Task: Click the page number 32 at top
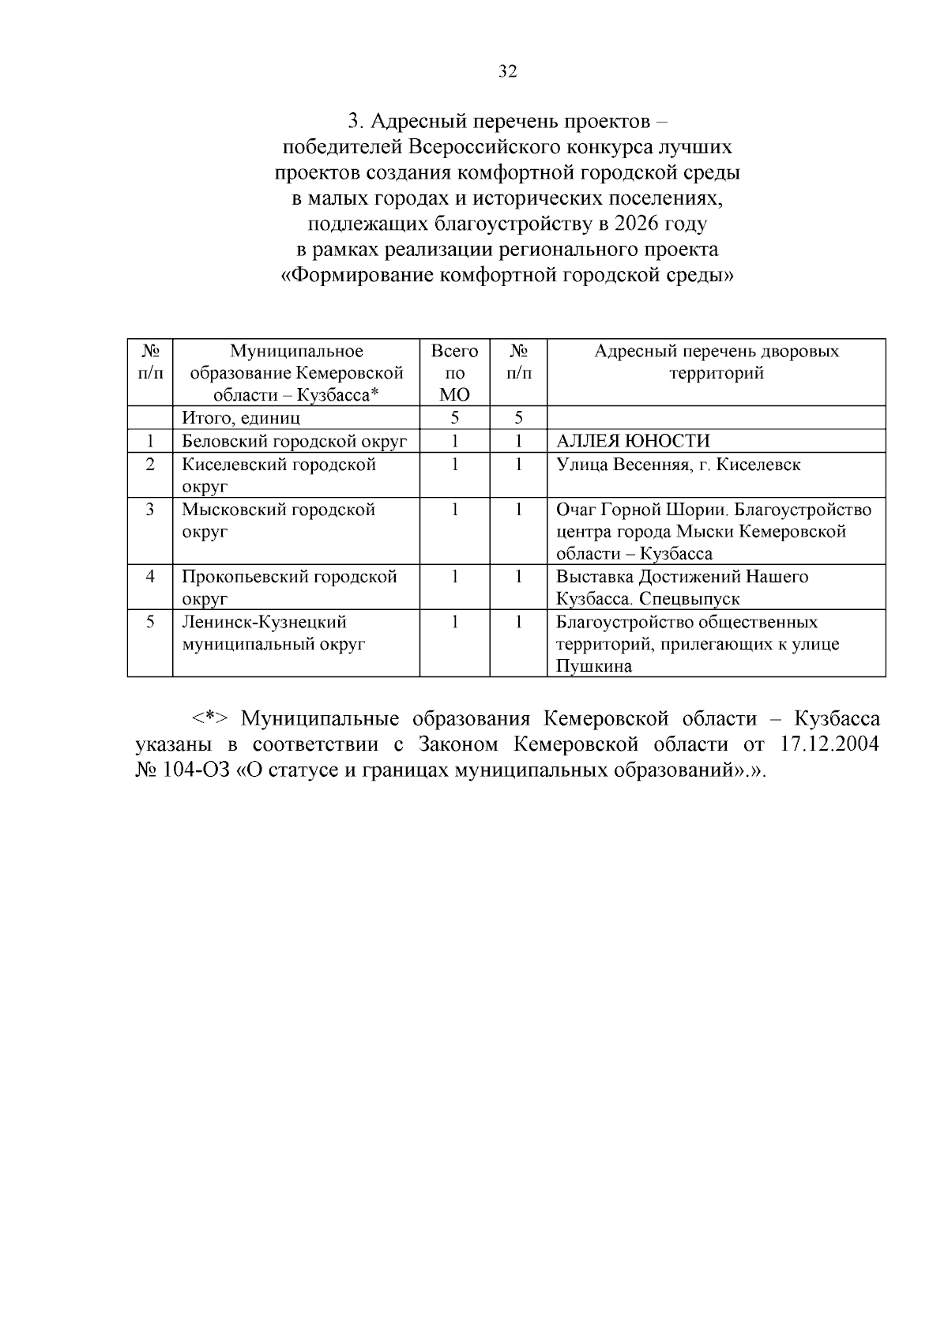coord(508,72)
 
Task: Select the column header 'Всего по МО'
coord(454,372)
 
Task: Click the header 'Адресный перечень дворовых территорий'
coord(716,362)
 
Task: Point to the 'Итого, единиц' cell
coord(241,418)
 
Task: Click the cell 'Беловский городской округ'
coord(294,441)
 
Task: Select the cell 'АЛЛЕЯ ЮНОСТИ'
coord(633,441)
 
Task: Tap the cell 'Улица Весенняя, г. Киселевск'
coord(678,464)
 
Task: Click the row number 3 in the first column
coord(150,510)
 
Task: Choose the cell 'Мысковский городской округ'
coord(278,520)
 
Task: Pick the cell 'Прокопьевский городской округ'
coord(289,587)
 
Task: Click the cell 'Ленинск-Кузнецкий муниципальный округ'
coord(273,633)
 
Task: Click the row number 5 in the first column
coord(150,623)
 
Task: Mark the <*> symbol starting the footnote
coord(209,719)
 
